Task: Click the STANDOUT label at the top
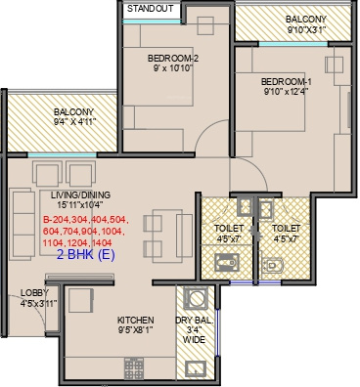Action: (151, 9)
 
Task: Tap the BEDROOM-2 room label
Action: (173, 59)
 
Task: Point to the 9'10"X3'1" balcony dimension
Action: (306, 30)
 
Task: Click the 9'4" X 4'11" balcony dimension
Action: (75, 122)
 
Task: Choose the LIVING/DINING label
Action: (80, 195)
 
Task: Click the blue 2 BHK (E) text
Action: (86, 255)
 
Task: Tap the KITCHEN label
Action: (136, 320)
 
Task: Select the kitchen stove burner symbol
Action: (134, 368)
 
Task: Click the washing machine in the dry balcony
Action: (196, 298)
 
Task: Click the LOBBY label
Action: (34, 293)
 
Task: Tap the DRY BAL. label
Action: (195, 321)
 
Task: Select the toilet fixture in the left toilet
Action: (227, 263)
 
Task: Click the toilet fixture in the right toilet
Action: (273, 266)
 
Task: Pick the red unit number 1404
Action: (102, 242)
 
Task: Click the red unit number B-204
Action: (55, 220)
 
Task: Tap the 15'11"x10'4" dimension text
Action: (80, 205)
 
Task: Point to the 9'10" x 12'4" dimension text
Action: (287, 92)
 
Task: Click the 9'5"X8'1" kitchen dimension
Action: (136, 330)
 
